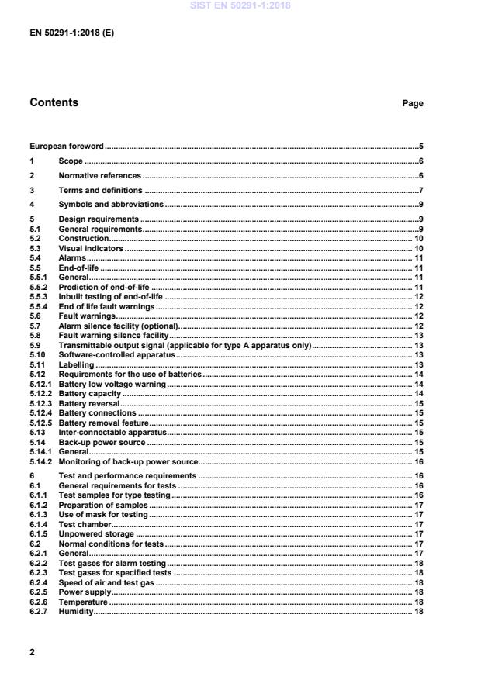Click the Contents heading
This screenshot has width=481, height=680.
(x=54, y=102)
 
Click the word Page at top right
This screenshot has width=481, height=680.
(x=413, y=103)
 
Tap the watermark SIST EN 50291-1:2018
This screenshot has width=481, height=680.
(x=240, y=5)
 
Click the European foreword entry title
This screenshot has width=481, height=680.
(x=66, y=146)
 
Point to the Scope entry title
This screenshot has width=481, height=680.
(x=71, y=161)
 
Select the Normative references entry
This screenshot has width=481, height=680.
(x=100, y=175)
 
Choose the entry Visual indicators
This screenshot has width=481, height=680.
(x=91, y=248)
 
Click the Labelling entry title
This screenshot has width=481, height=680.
(x=76, y=364)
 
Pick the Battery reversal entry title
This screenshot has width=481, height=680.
(x=89, y=403)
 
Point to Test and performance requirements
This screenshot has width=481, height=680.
(x=128, y=475)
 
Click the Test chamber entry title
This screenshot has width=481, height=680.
(x=84, y=524)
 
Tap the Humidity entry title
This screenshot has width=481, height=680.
(x=75, y=611)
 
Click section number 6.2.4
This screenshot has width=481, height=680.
(x=39, y=582)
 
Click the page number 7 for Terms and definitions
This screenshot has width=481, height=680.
(x=420, y=190)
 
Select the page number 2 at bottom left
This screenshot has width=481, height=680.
(x=32, y=652)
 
